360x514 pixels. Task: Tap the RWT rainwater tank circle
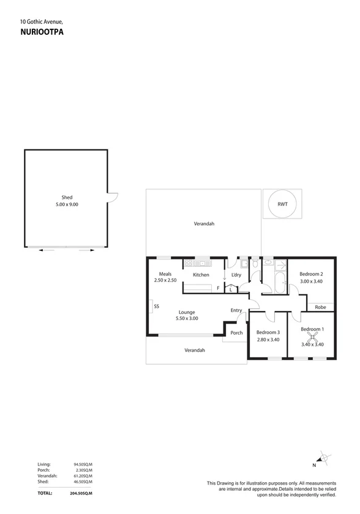pyautogui.click(x=282, y=204)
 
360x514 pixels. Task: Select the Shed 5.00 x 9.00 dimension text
pyautogui.click(x=67, y=204)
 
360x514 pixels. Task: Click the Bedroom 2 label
pyautogui.click(x=311, y=274)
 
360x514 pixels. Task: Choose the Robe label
pyautogui.click(x=320, y=307)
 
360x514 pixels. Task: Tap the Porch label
pyautogui.click(x=236, y=333)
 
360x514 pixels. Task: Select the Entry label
pyautogui.click(x=236, y=310)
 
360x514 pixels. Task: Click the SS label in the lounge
pyautogui.click(x=157, y=306)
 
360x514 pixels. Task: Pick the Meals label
pyautogui.click(x=165, y=274)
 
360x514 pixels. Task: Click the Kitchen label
pyautogui.click(x=201, y=275)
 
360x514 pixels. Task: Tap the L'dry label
pyautogui.click(x=237, y=275)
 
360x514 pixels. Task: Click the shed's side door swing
pyautogui.click(x=112, y=196)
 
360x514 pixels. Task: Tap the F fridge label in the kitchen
pyautogui.click(x=217, y=287)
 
